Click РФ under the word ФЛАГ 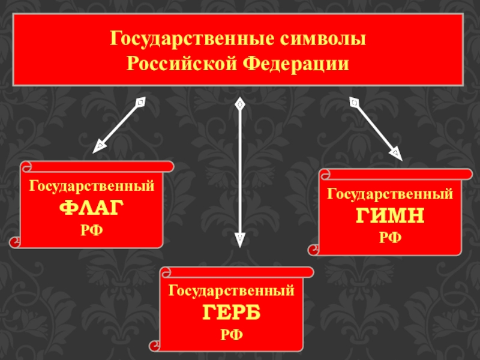[x=92, y=229]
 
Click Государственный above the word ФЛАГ [x=92, y=187]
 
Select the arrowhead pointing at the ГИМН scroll [x=397, y=153]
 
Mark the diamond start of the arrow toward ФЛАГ [x=139, y=103]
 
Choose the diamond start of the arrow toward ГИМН [x=354, y=103]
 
